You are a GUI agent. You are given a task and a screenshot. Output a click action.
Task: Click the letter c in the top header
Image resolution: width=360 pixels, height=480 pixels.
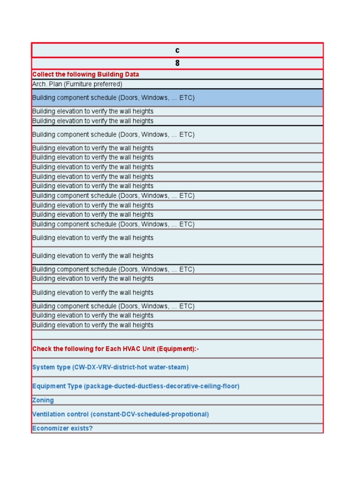pyautogui.click(x=177, y=50)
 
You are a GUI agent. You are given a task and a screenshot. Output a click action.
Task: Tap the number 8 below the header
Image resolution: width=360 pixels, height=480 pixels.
pyautogui.click(x=177, y=63)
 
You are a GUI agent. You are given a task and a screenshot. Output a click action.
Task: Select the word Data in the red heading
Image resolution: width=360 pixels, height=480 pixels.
pyautogui.click(x=131, y=75)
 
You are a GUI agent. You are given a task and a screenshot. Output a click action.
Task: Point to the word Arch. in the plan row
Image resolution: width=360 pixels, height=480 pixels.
pyautogui.click(x=39, y=84)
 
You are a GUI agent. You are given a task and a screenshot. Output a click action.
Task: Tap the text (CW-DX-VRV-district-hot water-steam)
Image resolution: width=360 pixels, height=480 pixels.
pyautogui.click(x=130, y=367)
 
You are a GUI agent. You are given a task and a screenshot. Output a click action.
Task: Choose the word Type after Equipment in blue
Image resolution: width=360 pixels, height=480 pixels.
pyautogui.click(x=74, y=386)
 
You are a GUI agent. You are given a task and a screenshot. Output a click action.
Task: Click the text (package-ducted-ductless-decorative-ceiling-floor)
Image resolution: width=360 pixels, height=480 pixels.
pyautogui.click(x=161, y=386)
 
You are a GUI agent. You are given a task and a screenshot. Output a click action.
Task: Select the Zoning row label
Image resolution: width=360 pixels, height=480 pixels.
pyautogui.click(x=43, y=400)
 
